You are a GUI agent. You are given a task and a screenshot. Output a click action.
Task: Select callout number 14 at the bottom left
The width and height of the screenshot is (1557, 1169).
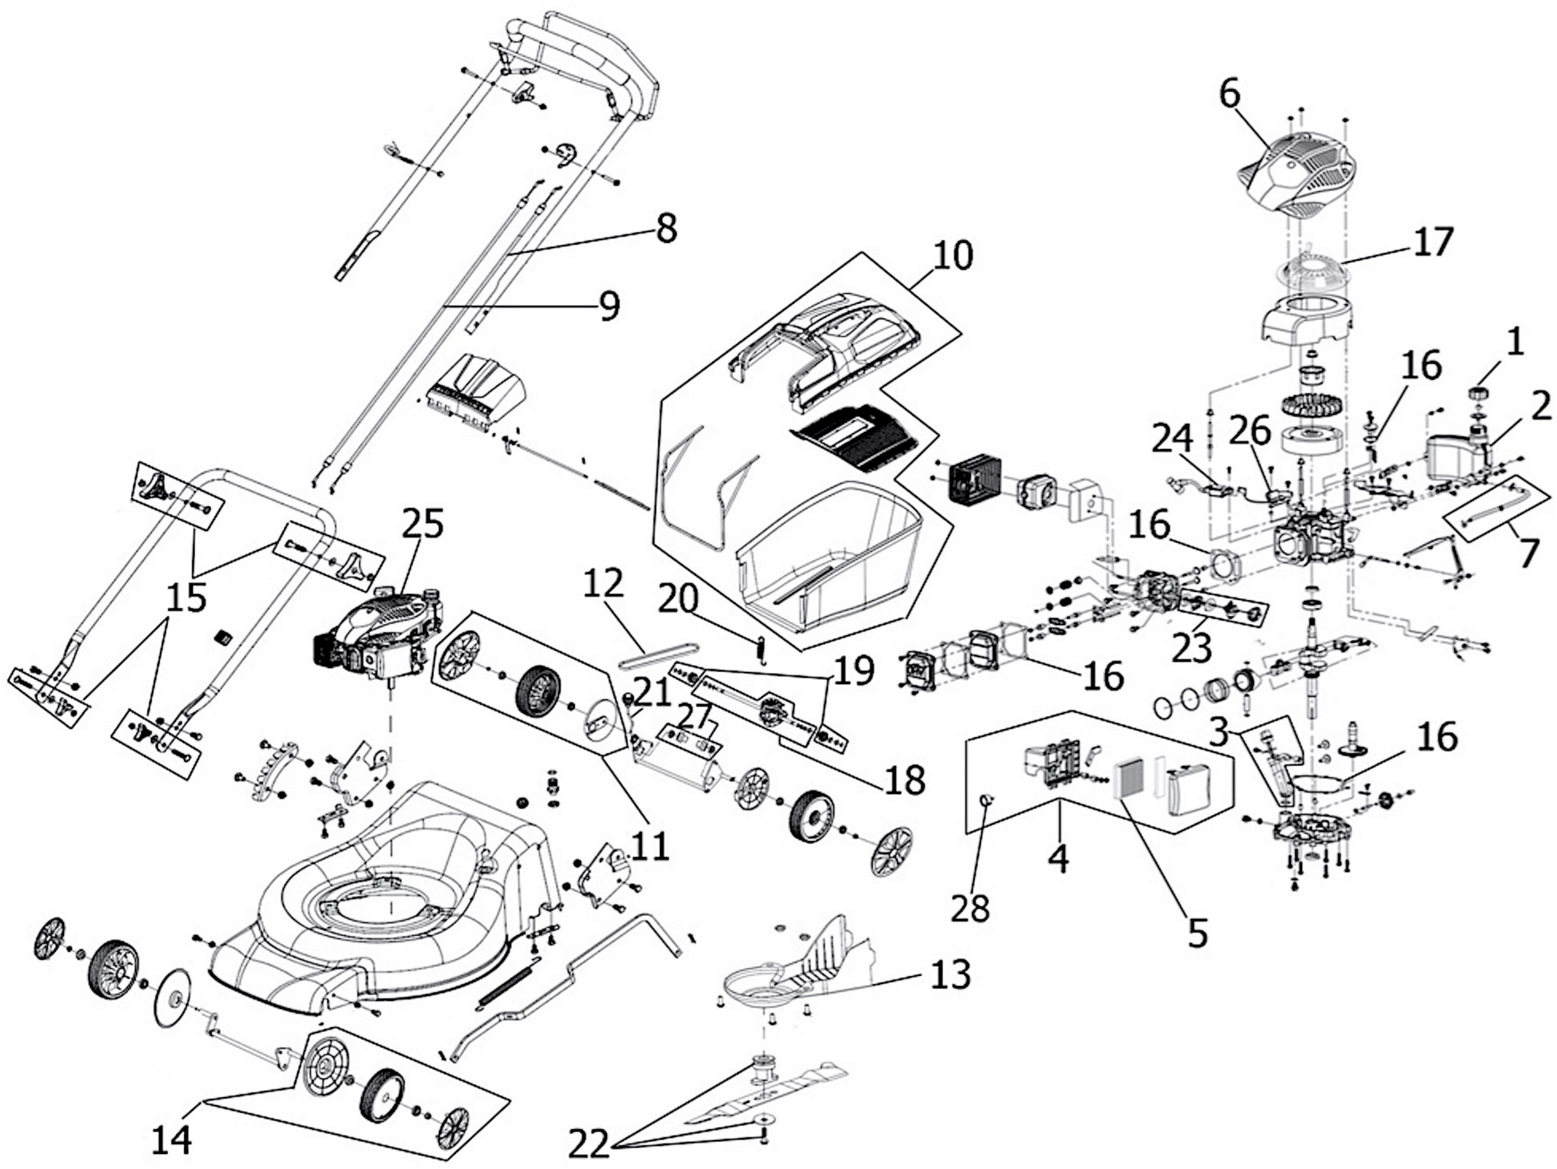coord(171,1137)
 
